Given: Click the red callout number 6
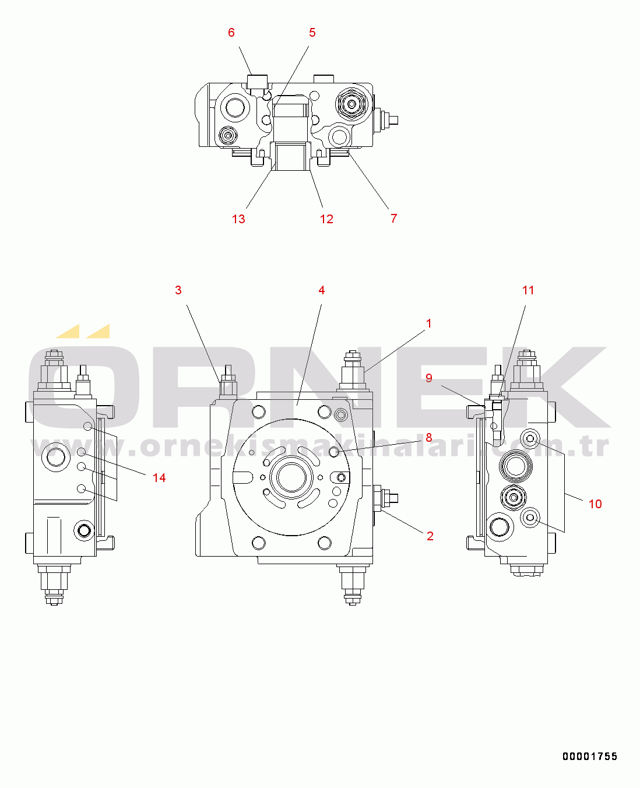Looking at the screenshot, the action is click(x=231, y=33).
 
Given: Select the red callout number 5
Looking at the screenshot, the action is click(x=312, y=33).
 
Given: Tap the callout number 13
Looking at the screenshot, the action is click(x=238, y=219).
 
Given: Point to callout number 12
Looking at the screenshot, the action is click(x=326, y=219).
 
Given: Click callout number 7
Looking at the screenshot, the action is click(x=394, y=218).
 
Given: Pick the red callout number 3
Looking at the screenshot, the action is click(x=178, y=290).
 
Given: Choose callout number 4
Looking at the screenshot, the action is click(x=322, y=290).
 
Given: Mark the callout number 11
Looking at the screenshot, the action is click(x=528, y=290).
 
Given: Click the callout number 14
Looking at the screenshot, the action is click(x=160, y=477).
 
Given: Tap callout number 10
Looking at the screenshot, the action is click(x=595, y=504).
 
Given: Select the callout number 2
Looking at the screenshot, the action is click(x=430, y=536).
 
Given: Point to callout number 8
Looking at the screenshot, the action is click(x=429, y=438).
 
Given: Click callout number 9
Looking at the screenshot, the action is click(x=429, y=378).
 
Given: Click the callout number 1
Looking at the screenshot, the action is click(x=429, y=323).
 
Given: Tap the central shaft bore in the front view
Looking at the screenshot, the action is click(x=291, y=477).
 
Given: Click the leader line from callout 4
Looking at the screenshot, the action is click(x=310, y=355).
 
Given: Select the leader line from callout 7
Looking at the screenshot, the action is click(x=368, y=181).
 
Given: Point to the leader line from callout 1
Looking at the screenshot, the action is click(x=395, y=351).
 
